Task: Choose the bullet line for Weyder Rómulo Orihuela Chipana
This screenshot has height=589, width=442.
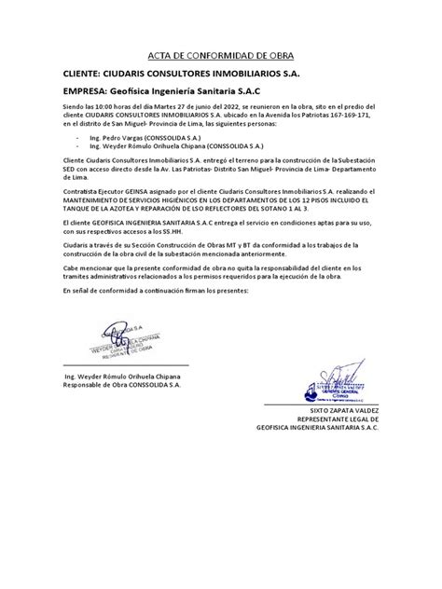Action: coord(163,147)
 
